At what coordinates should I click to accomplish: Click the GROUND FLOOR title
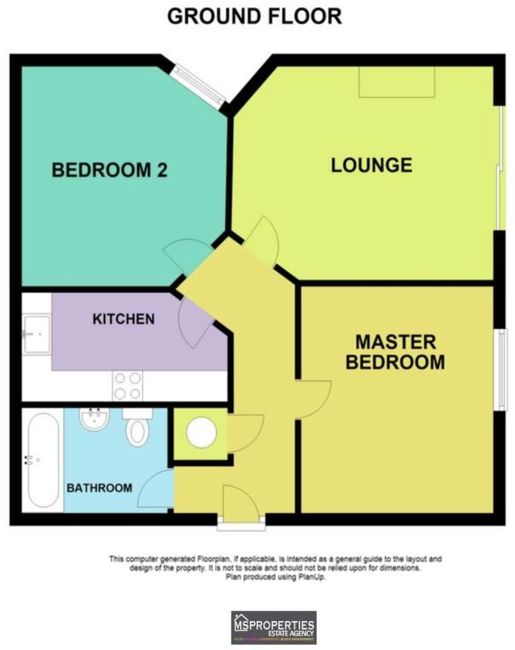(x=254, y=16)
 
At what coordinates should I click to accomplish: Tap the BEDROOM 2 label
(x=109, y=170)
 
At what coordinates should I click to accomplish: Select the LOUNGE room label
(x=372, y=165)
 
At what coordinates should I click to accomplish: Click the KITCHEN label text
(x=124, y=319)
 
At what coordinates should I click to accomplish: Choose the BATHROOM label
(x=100, y=488)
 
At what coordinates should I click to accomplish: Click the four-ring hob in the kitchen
(x=127, y=387)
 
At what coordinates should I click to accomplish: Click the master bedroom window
(x=501, y=370)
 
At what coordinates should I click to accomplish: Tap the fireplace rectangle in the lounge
(x=396, y=83)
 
